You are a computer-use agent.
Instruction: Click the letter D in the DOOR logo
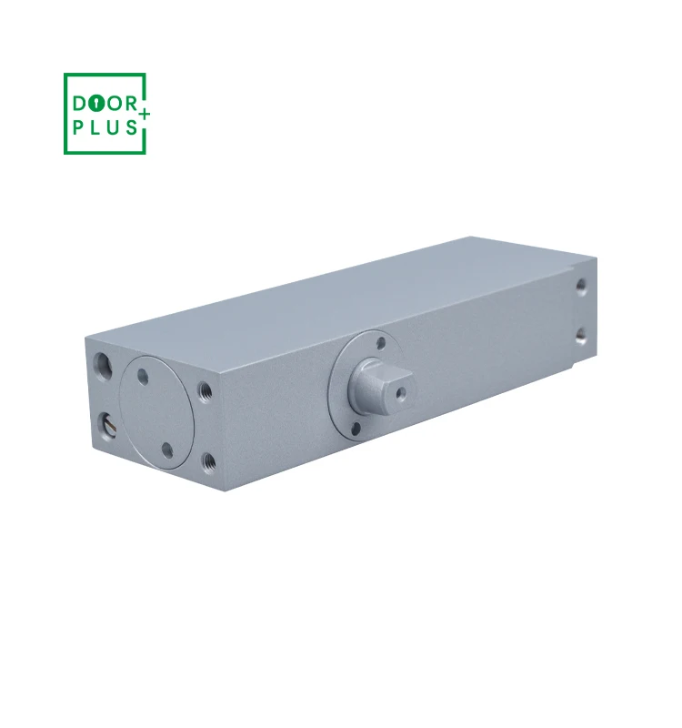(x=80, y=104)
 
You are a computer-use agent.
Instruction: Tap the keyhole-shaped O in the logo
(x=97, y=104)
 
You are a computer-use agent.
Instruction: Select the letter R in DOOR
(x=131, y=104)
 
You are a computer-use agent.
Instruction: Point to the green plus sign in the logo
(x=145, y=114)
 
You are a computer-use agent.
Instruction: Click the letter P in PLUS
(x=78, y=127)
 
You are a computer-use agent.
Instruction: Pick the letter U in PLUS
(x=113, y=127)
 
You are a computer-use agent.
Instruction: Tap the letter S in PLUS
(x=132, y=127)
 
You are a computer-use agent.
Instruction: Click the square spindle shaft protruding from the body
(x=381, y=386)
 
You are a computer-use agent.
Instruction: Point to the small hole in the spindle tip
(x=400, y=394)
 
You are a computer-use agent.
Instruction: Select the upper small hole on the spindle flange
(x=381, y=344)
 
